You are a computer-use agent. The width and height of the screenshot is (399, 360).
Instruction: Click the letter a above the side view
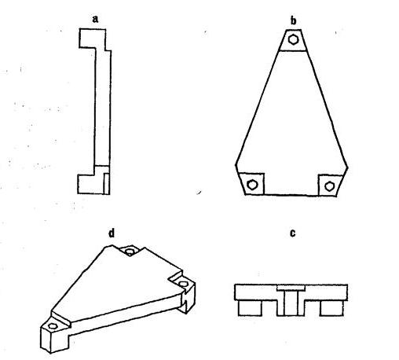(x=95, y=19)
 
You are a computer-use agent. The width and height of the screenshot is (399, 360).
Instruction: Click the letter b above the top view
(x=294, y=20)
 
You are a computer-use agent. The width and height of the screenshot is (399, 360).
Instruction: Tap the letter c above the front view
(x=293, y=233)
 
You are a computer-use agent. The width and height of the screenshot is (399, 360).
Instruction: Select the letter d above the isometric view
(x=112, y=233)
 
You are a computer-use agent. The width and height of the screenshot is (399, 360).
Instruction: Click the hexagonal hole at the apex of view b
(x=294, y=39)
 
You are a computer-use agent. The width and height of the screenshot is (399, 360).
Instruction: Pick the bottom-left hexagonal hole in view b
(x=252, y=185)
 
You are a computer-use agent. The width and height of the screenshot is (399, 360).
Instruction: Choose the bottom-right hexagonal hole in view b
(x=329, y=186)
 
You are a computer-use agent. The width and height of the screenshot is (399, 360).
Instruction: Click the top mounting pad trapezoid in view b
(x=293, y=40)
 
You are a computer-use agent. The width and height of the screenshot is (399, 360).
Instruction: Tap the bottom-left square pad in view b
(x=252, y=184)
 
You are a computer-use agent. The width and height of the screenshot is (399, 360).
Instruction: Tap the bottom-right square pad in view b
(x=331, y=185)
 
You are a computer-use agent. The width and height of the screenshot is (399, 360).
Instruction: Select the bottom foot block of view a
(x=92, y=184)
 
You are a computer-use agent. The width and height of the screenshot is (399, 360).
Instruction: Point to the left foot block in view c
(x=250, y=308)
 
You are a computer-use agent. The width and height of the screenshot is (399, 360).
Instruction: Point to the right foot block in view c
(x=332, y=308)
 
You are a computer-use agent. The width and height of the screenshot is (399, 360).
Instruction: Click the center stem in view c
(x=291, y=303)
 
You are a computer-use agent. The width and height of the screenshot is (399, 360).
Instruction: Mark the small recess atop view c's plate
(x=291, y=288)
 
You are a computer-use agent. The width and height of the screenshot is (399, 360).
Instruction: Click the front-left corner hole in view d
(x=53, y=326)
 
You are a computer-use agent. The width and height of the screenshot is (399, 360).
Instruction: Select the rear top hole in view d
(x=130, y=252)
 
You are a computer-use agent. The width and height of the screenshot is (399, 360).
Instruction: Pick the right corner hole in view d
(x=183, y=284)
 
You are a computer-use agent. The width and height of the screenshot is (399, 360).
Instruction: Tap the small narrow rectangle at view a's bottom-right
(x=107, y=183)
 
